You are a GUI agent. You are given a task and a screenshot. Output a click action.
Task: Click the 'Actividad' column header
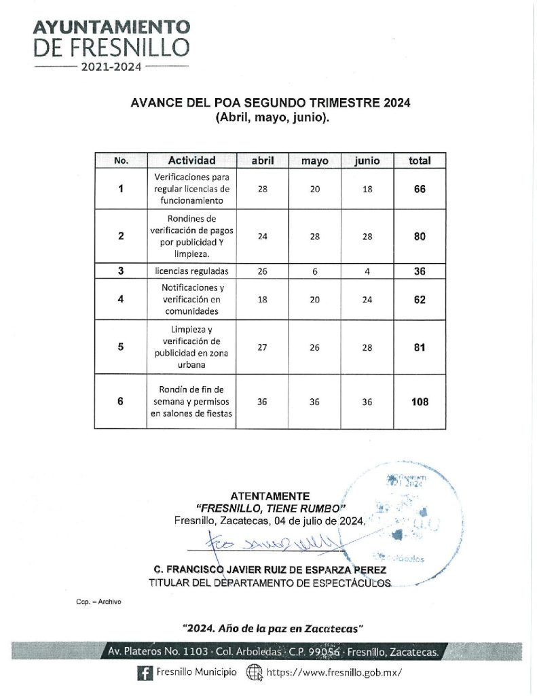[191, 161]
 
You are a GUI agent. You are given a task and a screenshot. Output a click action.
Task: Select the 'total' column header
[419, 161]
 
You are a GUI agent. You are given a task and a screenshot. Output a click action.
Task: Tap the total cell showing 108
[419, 402]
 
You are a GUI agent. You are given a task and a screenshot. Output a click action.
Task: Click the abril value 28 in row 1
[262, 189]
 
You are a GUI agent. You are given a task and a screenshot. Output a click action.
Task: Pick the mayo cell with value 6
[314, 271]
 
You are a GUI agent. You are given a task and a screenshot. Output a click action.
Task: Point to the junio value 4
[367, 271]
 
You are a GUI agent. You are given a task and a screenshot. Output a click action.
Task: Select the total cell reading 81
[419, 347]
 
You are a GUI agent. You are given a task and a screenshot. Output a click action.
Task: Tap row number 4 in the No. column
[120, 300]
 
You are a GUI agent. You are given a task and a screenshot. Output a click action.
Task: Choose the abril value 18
[262, 300]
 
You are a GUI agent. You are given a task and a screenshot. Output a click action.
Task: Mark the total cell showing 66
[419, 189]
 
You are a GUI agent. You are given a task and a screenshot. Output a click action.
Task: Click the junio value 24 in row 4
[367, 300]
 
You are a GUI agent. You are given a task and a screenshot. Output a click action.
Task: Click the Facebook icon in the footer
[144, 672]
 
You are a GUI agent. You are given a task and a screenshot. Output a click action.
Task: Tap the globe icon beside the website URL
[254, 672]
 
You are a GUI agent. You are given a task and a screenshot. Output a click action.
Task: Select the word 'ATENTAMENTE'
[270, 496]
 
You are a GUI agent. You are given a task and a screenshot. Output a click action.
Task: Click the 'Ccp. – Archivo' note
[98, 602]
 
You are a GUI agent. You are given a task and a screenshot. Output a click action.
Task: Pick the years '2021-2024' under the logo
[111, 67]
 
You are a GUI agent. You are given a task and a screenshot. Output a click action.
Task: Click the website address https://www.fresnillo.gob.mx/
[330, 672]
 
